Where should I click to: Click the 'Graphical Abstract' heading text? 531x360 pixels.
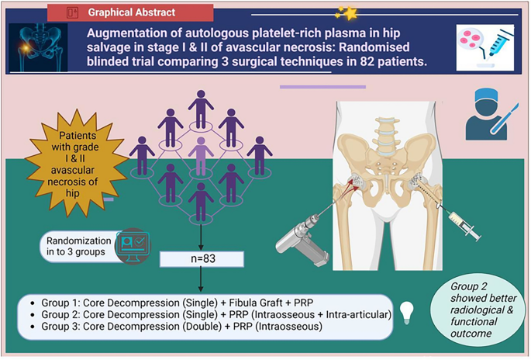(131, 12)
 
